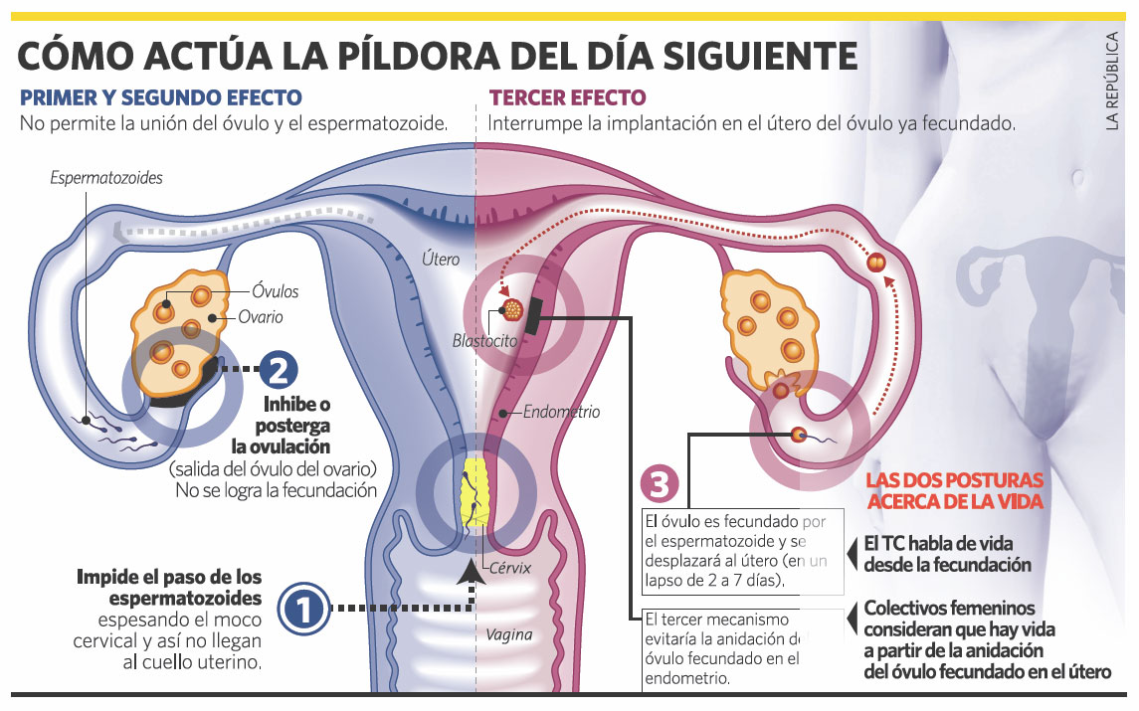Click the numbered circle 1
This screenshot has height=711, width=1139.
303,610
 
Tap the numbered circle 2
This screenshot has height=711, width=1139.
279,370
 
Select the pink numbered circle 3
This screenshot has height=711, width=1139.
660,484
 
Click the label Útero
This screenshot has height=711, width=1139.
441,259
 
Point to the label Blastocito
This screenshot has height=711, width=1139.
484,340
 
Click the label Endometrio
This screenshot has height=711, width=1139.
561,412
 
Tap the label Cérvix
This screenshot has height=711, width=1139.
510,568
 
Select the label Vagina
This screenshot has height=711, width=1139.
508,634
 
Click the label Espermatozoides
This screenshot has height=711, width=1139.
106,178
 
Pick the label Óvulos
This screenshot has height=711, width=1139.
276,291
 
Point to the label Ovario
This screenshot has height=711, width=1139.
261,317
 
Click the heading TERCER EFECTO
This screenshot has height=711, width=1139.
567,97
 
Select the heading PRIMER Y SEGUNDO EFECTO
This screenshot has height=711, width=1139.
160,97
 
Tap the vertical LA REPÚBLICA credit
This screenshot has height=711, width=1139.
1112,82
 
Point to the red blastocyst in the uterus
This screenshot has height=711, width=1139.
513,310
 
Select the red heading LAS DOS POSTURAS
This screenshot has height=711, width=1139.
955,480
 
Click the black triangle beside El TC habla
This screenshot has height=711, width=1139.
853,554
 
